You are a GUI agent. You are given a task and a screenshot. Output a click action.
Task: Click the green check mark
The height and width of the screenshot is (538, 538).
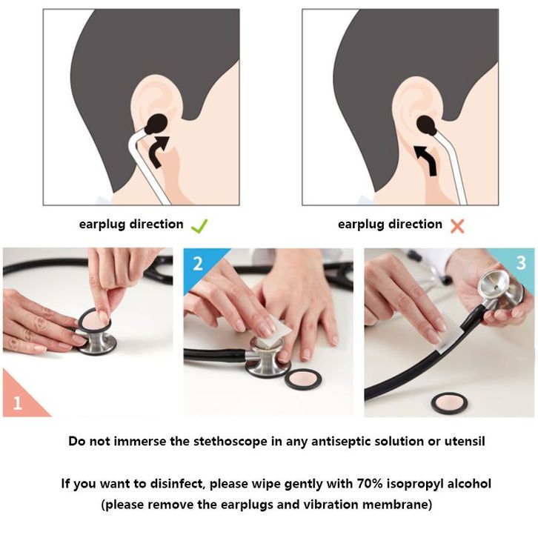click(199, 227)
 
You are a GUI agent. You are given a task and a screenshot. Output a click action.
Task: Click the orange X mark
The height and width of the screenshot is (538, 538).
click(457, 227)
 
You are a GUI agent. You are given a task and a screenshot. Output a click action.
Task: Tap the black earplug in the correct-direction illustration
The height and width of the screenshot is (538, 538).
click(156, 124)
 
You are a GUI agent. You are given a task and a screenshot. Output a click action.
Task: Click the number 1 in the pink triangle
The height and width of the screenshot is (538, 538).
click(17, 402)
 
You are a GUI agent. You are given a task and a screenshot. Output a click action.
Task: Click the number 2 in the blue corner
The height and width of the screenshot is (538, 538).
click(198, 264)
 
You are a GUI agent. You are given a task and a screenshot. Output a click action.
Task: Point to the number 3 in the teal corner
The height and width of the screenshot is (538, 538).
click(521, 263)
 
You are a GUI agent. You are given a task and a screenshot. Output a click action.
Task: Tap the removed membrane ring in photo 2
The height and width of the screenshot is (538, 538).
click(303, 379)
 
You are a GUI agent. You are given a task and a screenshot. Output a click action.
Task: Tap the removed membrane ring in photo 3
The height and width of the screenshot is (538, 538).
click(449, 403)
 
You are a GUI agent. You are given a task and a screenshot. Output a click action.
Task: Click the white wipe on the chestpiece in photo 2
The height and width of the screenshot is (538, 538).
click(274, 333)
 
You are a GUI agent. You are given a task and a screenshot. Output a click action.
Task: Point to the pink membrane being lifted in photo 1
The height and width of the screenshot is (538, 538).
click(94, 320)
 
